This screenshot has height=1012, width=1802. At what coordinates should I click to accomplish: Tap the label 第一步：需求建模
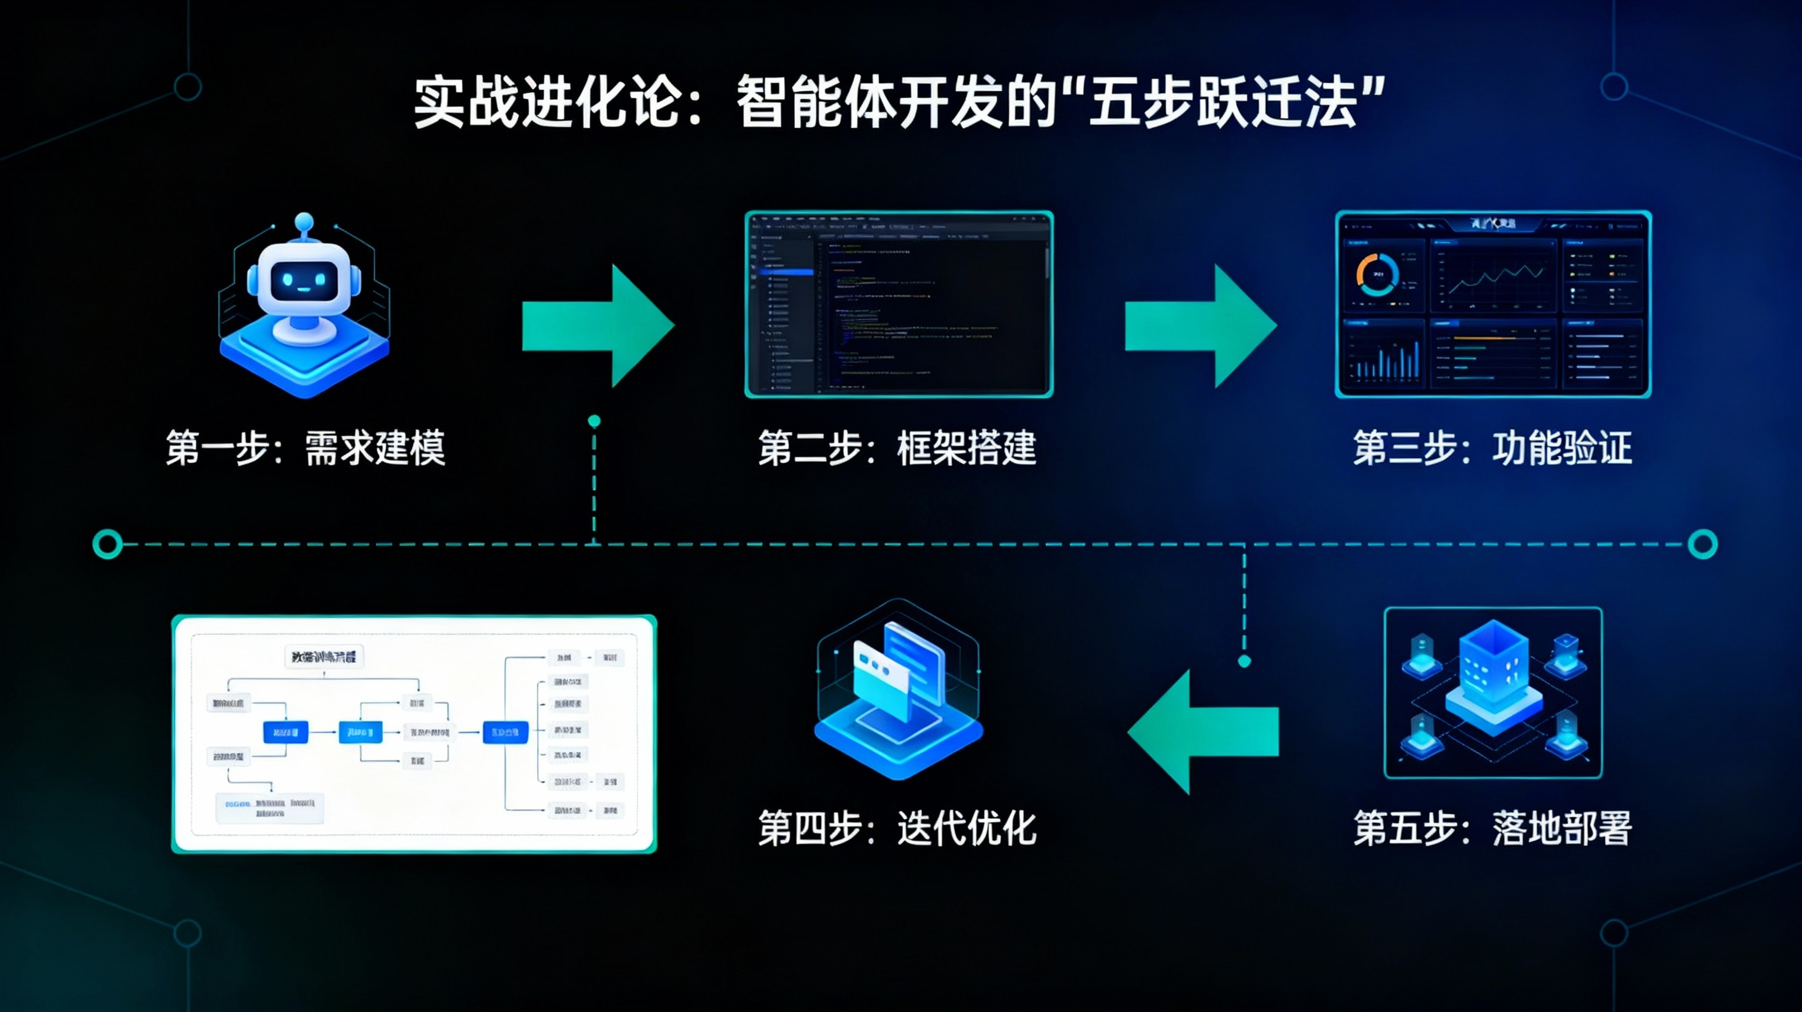point(305,448)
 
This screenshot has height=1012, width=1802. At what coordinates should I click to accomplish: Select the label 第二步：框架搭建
point(897,448)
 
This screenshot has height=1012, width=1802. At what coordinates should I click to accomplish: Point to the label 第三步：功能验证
point(1492,448)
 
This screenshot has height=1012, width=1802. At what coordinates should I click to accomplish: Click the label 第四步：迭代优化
point(897,829)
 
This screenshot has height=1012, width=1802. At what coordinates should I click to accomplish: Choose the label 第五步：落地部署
point(1492,829)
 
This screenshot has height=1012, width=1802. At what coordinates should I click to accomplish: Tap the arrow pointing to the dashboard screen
point(1200,326)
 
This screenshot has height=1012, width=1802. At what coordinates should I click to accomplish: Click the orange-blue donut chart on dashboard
point(1377,274)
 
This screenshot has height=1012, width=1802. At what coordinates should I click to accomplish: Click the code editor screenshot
point(899,304)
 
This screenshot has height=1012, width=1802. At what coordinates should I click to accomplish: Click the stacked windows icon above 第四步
point(898,689)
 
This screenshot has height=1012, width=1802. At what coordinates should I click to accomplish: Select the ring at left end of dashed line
point(108,543)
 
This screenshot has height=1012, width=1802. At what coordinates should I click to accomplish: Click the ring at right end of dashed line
point(1703,543)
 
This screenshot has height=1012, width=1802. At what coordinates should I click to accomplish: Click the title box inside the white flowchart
point(324,657)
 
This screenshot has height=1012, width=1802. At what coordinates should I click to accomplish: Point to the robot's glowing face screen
point(301,280)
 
